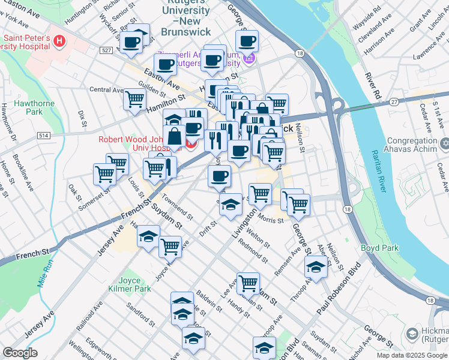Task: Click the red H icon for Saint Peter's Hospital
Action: click(59, 41)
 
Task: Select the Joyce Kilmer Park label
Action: click(126, 284)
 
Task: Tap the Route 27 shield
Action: click(394, 103)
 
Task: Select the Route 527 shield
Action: click(106, 51)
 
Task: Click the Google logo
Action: click(20, 353)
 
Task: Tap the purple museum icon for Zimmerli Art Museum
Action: click(249, 59)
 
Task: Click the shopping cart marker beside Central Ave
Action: click(135, 98)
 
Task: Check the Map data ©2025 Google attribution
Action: click(411, 355)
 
